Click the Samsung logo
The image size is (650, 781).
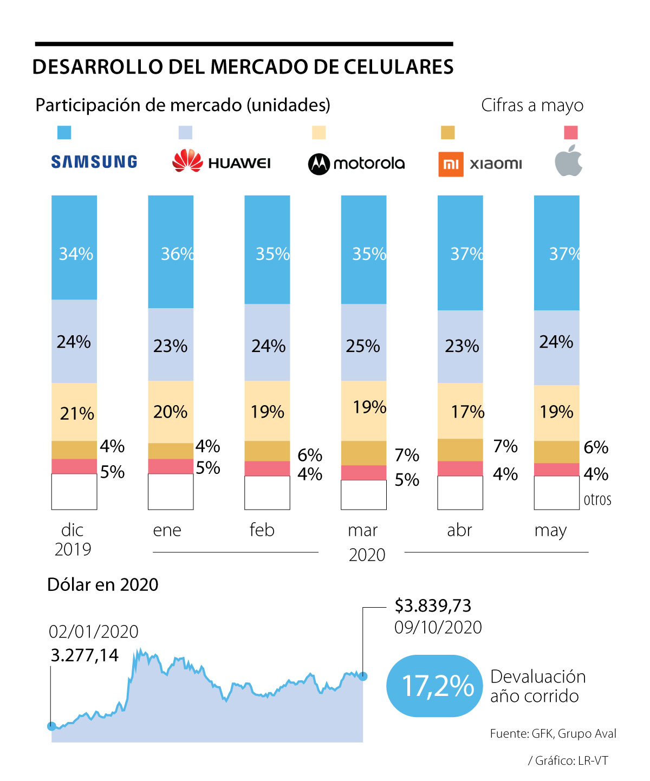click(94, 161)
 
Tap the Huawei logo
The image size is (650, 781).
click(222, 161)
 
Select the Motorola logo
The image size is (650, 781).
click(356, 163)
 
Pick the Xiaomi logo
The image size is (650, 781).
click(480, 164)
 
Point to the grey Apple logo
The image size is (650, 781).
click(569, 161)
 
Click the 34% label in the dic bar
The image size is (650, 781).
click(76, 253)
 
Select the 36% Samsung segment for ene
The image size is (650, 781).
click(171, 252)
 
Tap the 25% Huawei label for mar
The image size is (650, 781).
click(363, 346)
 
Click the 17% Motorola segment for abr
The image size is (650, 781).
click(460, 411)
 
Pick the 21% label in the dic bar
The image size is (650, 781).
click(77, 413)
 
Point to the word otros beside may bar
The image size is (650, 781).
click(597, 499)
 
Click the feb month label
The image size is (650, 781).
click(262, 530)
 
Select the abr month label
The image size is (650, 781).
click(459, 530)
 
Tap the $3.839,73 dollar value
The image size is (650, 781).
click(433, 605)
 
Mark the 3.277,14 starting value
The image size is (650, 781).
click(84, 655)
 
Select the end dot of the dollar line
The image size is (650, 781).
click(363, 676)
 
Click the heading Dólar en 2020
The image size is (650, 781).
click(103, 584)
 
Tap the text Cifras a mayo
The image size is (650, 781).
click(532, 105)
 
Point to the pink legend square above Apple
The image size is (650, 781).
click(571, 133)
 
